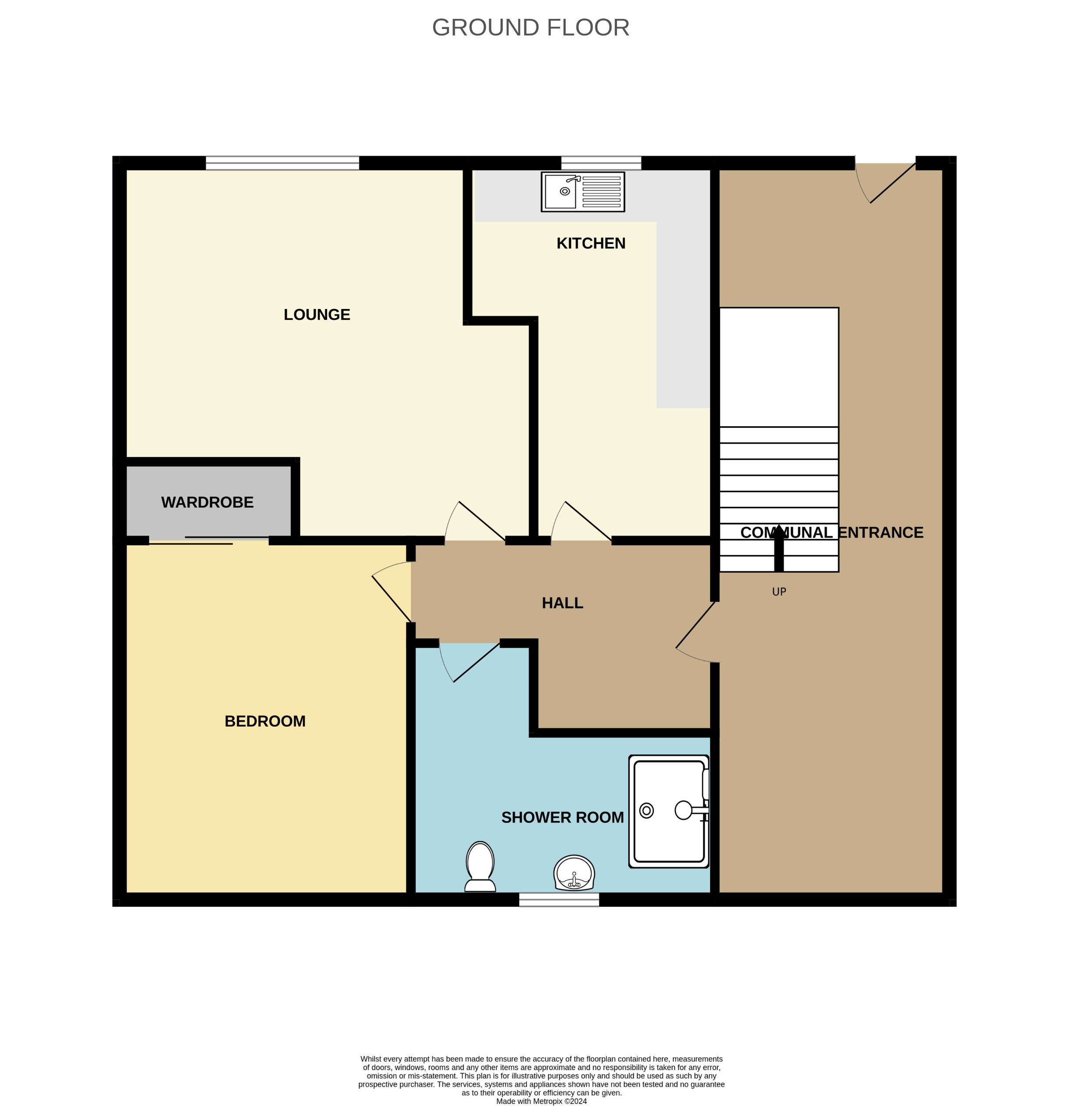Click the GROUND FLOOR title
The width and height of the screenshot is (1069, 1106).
tap(530, 28)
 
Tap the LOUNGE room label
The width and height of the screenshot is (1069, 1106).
tap(317, 315)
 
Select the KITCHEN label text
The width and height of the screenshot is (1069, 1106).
tap(590, 243)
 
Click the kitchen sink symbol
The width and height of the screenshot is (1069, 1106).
tap(582, 192)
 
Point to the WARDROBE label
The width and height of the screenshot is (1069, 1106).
tap(207, 502)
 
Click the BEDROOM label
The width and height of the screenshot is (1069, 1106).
tap(265, 721)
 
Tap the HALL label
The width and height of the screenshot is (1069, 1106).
tap(562, 603)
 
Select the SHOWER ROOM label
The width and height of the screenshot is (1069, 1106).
tap(562, 818)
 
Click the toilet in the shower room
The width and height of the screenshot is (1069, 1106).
tap(480, 867)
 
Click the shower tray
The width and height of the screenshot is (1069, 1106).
tap(669, 812)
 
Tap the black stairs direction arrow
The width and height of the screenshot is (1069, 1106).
tap(779, 548)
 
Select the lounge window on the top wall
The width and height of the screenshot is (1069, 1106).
tap(282, 163)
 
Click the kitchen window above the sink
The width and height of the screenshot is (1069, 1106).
tap(601, 163)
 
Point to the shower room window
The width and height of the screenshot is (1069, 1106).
tap(559, 899)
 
